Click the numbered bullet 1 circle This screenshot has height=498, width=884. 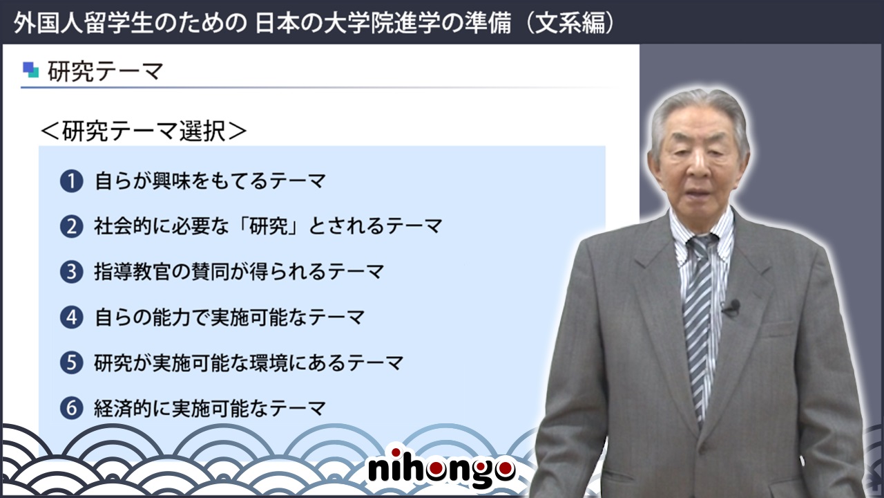tap(71, 181)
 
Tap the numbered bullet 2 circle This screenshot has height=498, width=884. tap(71, 226)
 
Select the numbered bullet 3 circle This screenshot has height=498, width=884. tap(71, 272)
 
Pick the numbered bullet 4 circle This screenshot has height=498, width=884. tap(71, 317)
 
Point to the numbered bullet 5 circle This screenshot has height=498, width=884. tap(71, 363)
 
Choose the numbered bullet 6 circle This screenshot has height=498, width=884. tap(71, 408)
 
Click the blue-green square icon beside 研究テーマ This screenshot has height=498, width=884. tap(31, 70)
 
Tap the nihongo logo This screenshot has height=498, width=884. tap(441, 469)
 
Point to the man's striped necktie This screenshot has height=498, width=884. tap(700, 324)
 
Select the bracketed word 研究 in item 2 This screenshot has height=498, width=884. tap(269, 226)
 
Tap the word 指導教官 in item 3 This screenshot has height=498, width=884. tap(132, 272)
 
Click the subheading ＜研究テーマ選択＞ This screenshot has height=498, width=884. tap(144, 131)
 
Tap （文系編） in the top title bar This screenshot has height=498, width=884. tap(570, 23)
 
